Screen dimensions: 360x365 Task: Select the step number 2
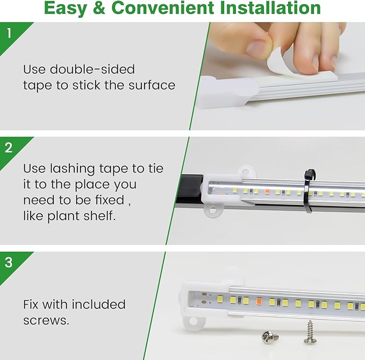coord(9,147)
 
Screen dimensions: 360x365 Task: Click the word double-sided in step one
coord(92,69)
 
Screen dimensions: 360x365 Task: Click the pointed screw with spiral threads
coord(310,332)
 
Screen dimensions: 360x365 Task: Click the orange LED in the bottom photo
coord(259,301)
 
